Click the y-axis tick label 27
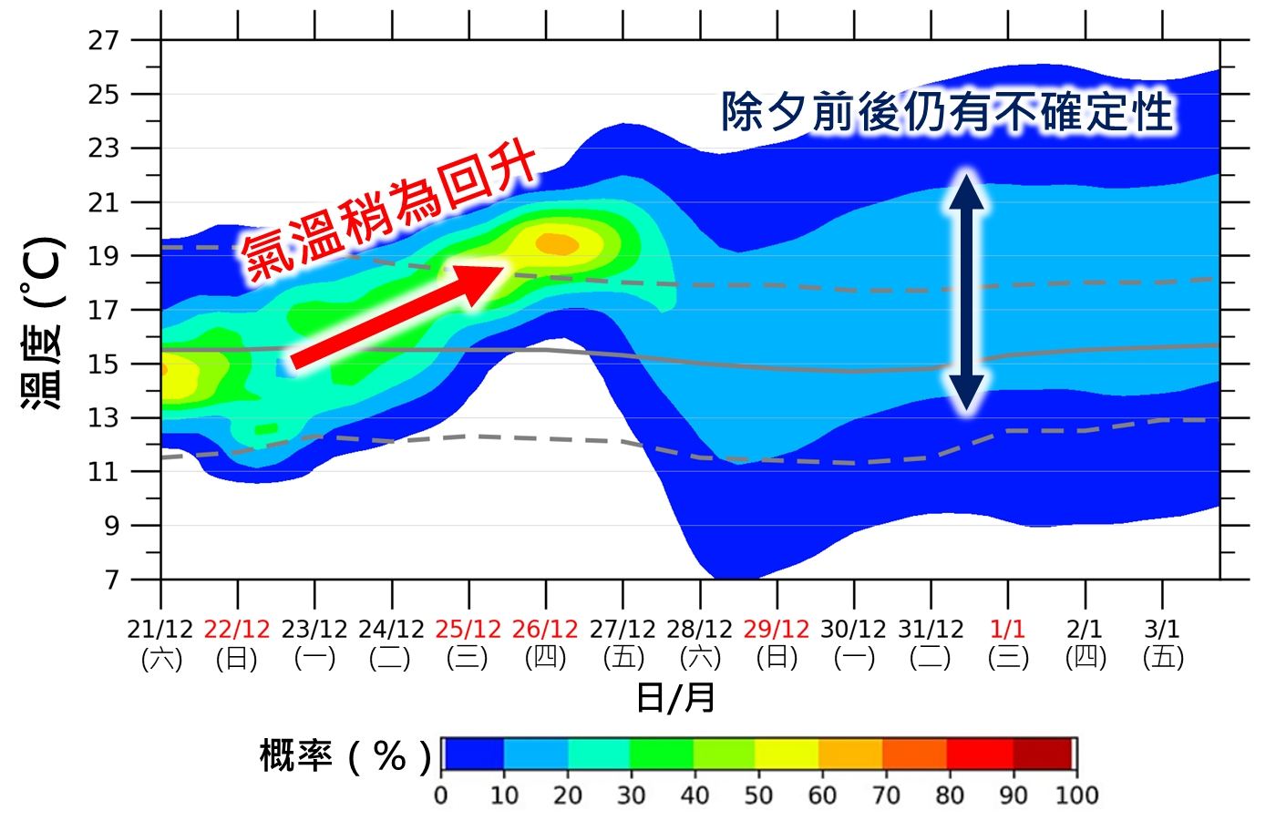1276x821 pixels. [104, 40]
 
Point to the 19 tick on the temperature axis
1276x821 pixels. [104, 256]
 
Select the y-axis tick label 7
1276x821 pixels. [111, 580]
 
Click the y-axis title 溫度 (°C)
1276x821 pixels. [43, 323]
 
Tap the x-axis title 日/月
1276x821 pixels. [675, 698]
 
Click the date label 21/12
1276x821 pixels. [160, 630]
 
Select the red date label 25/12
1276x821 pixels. [468, 630]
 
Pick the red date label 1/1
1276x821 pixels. [1008, 630]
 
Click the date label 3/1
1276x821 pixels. [1162, 630]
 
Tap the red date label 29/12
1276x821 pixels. [777, 630]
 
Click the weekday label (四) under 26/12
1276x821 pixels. [545, 658]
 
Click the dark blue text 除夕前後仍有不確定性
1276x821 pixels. [947, 113]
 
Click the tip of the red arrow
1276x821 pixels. [500, 269]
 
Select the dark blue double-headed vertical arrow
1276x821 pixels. [967, 292]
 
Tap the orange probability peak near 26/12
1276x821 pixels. [556, 244]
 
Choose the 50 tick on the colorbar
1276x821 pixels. [758, 795]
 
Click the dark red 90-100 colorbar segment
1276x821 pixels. [1044, 754]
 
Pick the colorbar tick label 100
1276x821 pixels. [1076, 795]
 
